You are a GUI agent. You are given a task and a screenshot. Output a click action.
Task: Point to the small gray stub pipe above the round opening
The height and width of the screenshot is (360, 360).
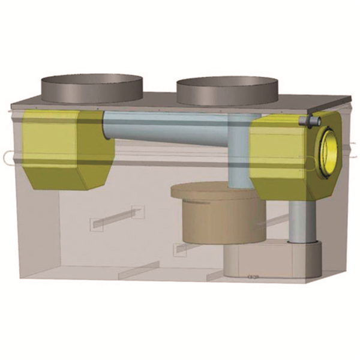311,122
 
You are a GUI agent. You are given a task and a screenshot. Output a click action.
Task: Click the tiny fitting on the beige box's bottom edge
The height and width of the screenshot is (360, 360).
253,277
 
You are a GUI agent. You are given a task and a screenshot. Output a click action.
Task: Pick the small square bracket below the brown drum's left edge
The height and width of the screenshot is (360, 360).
179,248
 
